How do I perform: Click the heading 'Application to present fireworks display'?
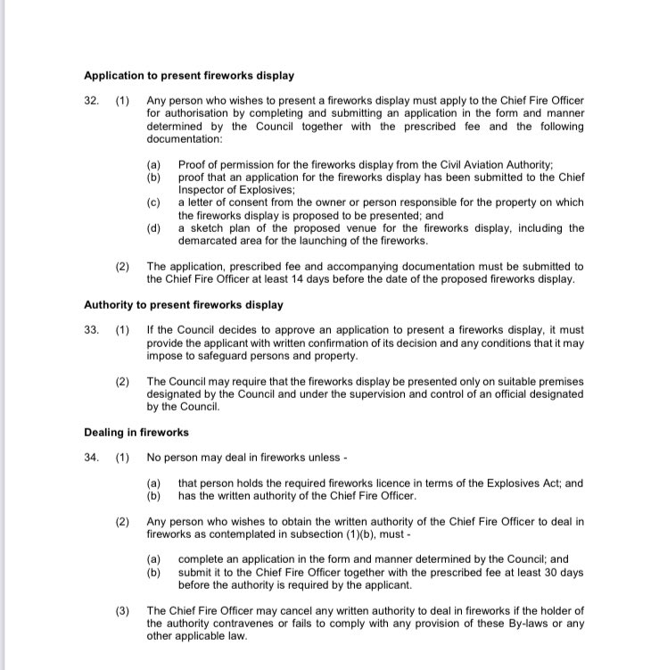pyautogui.click(x=188, y=75)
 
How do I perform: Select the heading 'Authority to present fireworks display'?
pyautogui.click(x=184, y=304)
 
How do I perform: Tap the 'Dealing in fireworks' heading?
pyautogui.click(x=136, y=432)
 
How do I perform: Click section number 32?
pyautogui.click(x=92, y=102)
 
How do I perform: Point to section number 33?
pyautogui.click(x=92, y=329)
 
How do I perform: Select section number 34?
pyautogui.click(x=92, y=458)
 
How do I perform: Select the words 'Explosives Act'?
pyautogui.click(x=496, y=484)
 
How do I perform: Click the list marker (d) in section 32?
pyautogui.click(x=154, y=228)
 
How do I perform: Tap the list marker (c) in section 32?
pyautogui.click(x=154, y=203)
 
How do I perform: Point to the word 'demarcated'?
pyautogui.click(x=209, y=241)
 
